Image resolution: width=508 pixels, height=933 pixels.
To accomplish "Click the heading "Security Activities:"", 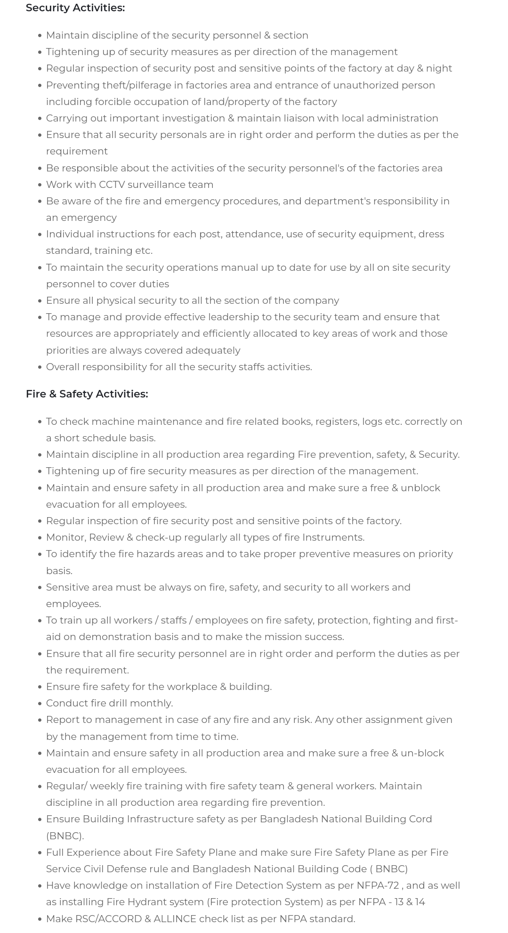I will (x=75, y=8).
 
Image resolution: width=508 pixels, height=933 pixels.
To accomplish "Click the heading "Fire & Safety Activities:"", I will (x=87, y=394).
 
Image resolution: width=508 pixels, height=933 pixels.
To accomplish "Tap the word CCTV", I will (x=112, y=185).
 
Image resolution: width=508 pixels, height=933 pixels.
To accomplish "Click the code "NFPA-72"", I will (x=378, y=885).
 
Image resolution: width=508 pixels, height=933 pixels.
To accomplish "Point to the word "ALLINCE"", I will (x=175, y=919).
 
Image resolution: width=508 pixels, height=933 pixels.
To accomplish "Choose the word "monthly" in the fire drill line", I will (x=153, y=703).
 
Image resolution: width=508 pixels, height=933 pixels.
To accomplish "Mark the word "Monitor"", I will (x=65, y=537).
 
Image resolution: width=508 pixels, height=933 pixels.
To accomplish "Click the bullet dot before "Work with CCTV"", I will (x=40, y=185).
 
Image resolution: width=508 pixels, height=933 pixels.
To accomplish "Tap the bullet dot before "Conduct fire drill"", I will (x=40, y=704).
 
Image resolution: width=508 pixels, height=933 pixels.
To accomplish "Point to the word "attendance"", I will (x=253, y=234).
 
